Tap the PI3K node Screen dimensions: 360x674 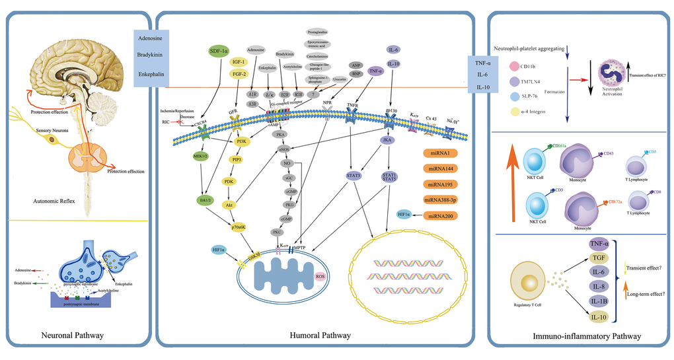[241, 141]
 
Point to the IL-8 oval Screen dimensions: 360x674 [599, 285]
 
